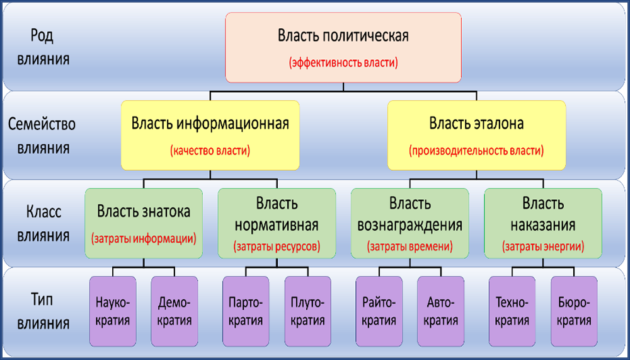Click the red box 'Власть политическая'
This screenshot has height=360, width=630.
tap(343, 47)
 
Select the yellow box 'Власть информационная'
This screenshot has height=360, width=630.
tap(210, 135)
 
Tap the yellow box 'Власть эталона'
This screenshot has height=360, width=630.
tap(476, 135)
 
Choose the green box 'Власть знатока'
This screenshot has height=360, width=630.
tap(144, 223)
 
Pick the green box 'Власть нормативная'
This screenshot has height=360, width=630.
tap(277, 223)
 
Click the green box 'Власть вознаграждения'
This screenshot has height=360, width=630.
tap(410, 223)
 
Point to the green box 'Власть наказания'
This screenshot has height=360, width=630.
tap(543, 223)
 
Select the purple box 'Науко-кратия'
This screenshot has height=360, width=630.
tap(113, 311)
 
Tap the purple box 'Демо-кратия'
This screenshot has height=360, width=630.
tap(175, 311)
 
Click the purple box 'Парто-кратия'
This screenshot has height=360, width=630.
tap(246, 311)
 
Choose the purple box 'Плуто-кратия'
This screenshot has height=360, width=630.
tap(308, 311)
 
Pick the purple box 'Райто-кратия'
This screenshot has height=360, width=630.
tap(379, 311)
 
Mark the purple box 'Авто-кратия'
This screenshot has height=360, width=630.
tap(441, 311)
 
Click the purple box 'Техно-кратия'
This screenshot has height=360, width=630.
tap(512, 311)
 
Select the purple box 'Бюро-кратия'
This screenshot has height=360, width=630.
tap(574, 311)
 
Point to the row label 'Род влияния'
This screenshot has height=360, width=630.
tap(42, 47)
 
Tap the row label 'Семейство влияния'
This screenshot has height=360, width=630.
tap(42, 136)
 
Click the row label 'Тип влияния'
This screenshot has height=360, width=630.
tap(42, 311)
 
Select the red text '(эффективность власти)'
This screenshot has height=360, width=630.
tap(343, 64)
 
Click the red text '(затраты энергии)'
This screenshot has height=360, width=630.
tap(543, 246)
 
